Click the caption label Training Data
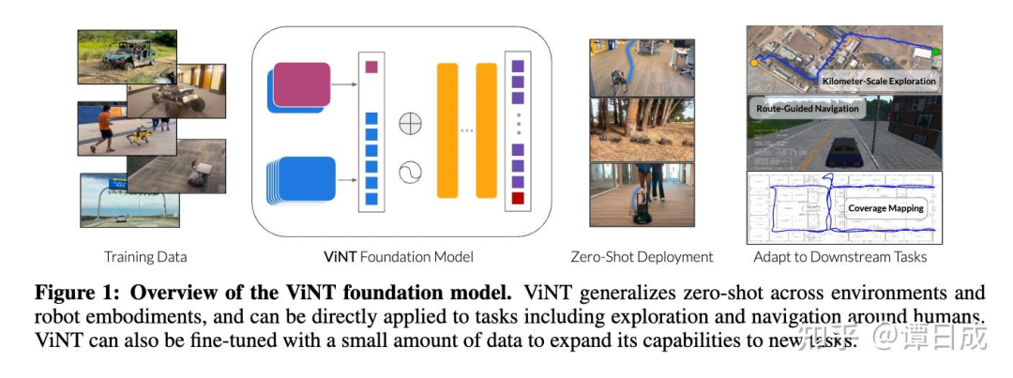[145, 256]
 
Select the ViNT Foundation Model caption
[399, 256]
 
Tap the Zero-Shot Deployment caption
[642, 256]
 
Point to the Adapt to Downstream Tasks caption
[839, 256]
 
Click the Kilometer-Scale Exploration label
[879, 81]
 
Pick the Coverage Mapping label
[885, 208]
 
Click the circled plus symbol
[411, 123]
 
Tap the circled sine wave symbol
[411, 172]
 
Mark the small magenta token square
[370, 67]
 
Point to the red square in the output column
[518, 199]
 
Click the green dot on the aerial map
[934, 52]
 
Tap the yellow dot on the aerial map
[755, 64]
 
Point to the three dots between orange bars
[467, 130]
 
